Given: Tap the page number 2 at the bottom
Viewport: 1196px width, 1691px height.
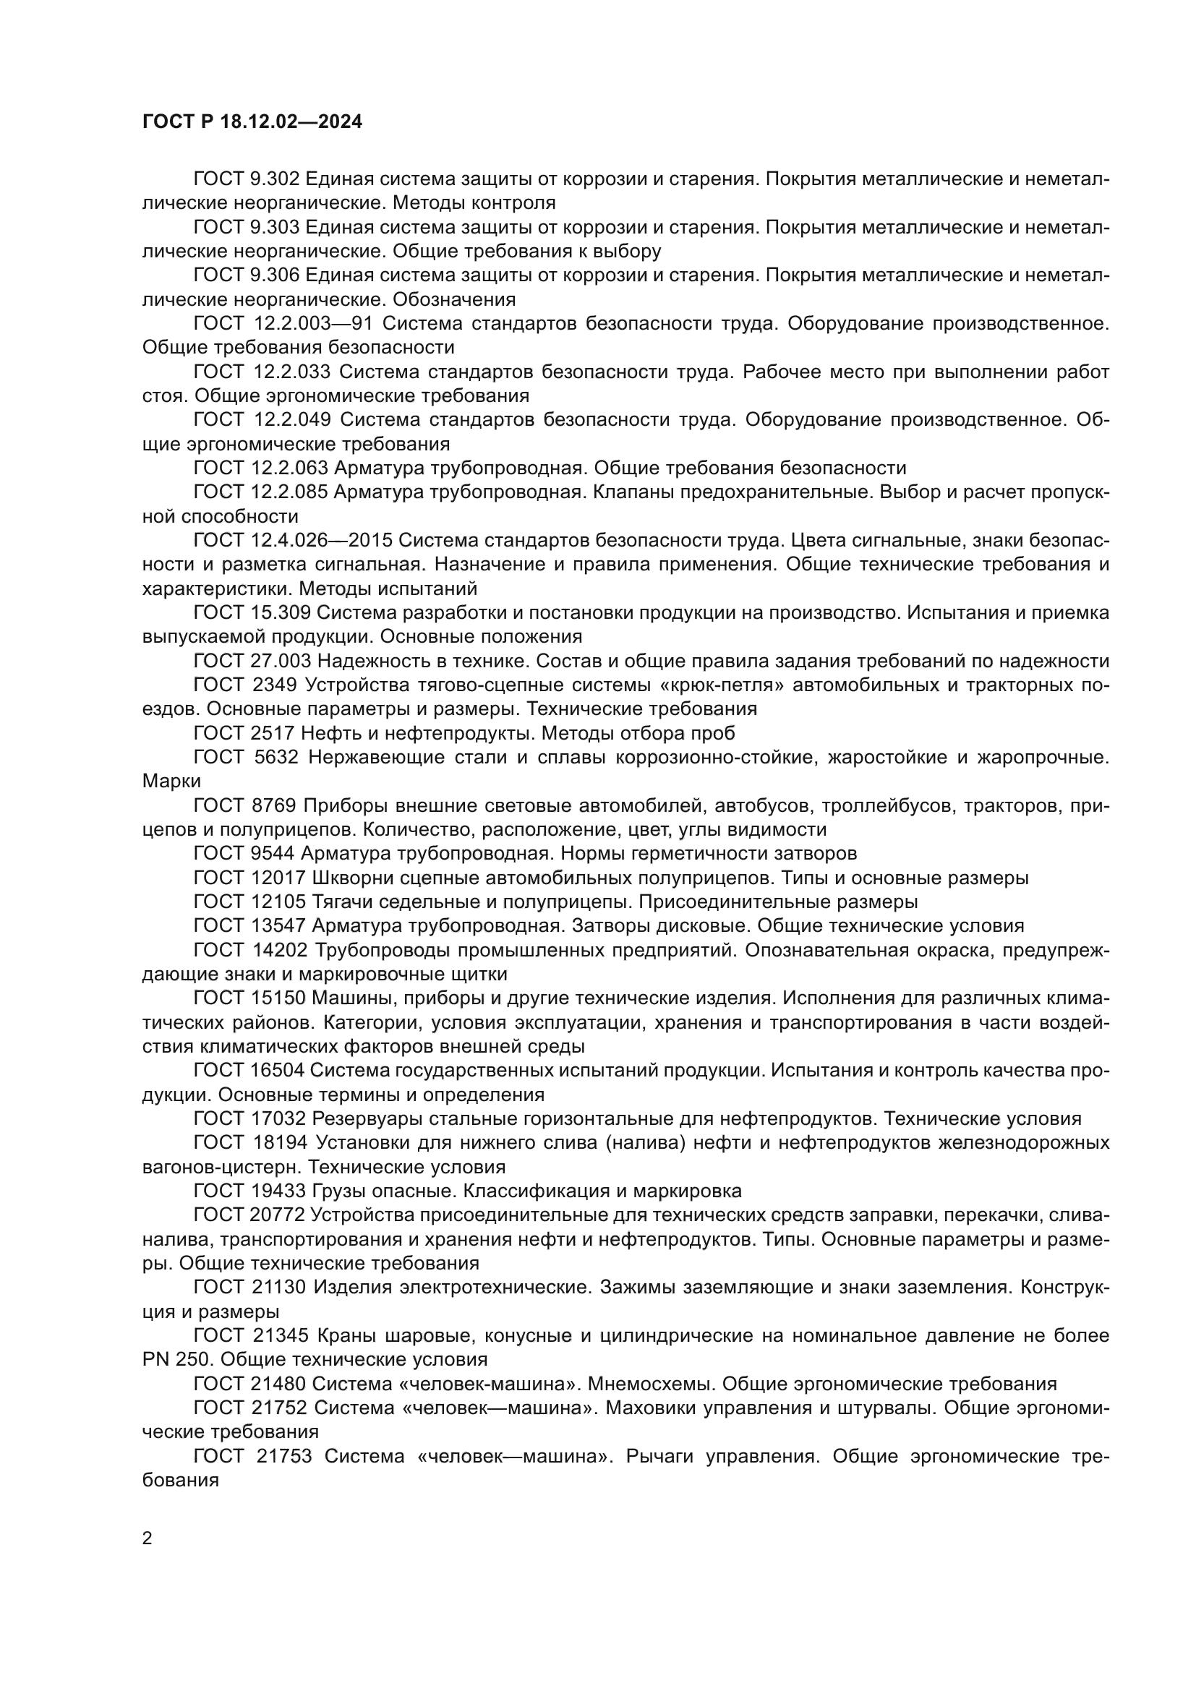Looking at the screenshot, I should (148, 1538).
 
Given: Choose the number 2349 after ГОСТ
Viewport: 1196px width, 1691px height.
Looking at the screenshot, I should (275, 685).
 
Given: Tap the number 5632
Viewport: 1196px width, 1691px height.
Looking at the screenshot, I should (275, 757).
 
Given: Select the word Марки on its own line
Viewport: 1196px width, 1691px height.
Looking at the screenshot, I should (171, 782).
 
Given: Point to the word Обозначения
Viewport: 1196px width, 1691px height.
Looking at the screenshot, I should (453, 300).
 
